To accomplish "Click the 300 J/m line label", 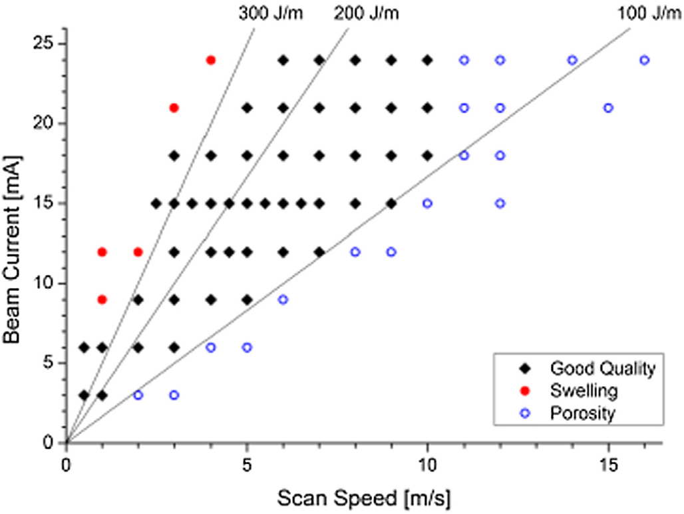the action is pyautogui.click(x=270, y=13).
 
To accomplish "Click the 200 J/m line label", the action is pyautogui.click(x=367, y=13).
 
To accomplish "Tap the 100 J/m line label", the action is pyautogui.click(x=650, y=13).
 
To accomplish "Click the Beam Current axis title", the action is pyautogui.click(x=12, y=249).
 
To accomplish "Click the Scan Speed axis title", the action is pyautogui.click(x=364, y=498).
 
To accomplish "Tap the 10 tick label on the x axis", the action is pyautogui.click(x=427, y=465).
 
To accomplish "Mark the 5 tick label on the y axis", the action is pyautogui.click(x=48, y=363).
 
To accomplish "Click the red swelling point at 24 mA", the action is pyautogui.click(x=211, y=60).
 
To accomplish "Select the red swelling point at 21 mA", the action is pyautogui.click(x=174, y=108).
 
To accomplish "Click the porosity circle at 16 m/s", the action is pyautogui.click(x=644, y=60).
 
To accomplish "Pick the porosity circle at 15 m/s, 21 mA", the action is pyautogui.click(x=608, y=108).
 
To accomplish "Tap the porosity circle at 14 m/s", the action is pyautogui.click(x=572, y=60).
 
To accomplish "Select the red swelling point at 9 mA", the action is pyautogui.click(x=102, y=300).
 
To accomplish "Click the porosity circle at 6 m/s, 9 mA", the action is pyautogui.click(x=283, y=300).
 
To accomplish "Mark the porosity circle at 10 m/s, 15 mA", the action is pyautogui.click(x=427, y=203).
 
